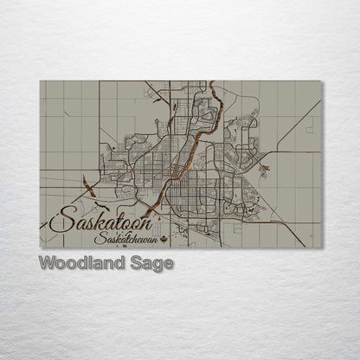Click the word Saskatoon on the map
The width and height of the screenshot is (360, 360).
[94, 221]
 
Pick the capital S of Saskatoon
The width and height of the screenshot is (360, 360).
[59, 220]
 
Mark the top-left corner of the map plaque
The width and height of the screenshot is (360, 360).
[40, 81]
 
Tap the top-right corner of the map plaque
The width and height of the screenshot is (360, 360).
[322, 81]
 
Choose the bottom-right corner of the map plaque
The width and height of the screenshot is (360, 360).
[322, 247]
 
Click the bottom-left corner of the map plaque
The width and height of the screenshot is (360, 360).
[40, 247]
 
